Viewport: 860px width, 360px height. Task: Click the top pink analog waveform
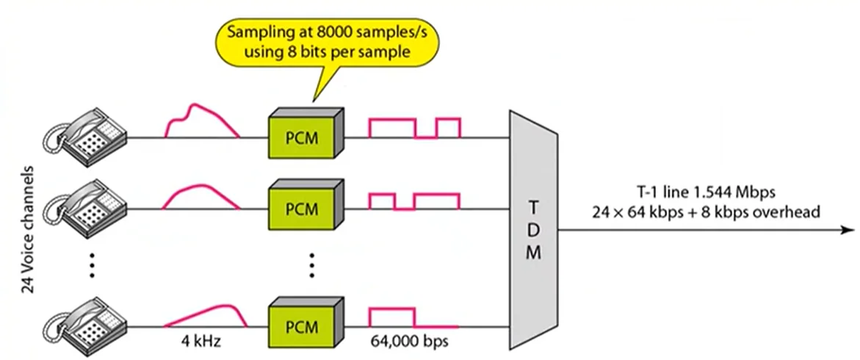click(200, 121)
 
